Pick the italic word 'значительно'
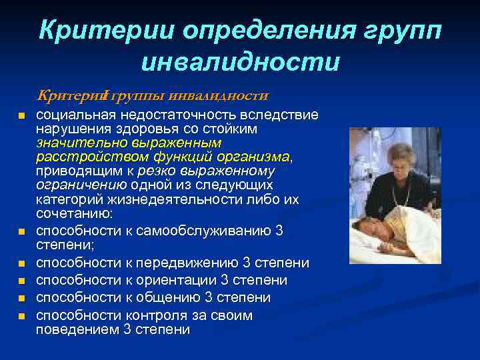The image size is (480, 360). click(x=75, y=143)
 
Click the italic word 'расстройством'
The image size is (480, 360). click(x=80, y=157)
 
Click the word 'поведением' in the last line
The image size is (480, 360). click(x=77, y=329)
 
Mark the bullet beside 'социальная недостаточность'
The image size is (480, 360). click(x=21, y=117)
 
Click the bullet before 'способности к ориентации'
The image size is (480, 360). click(x=21, y=281)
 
